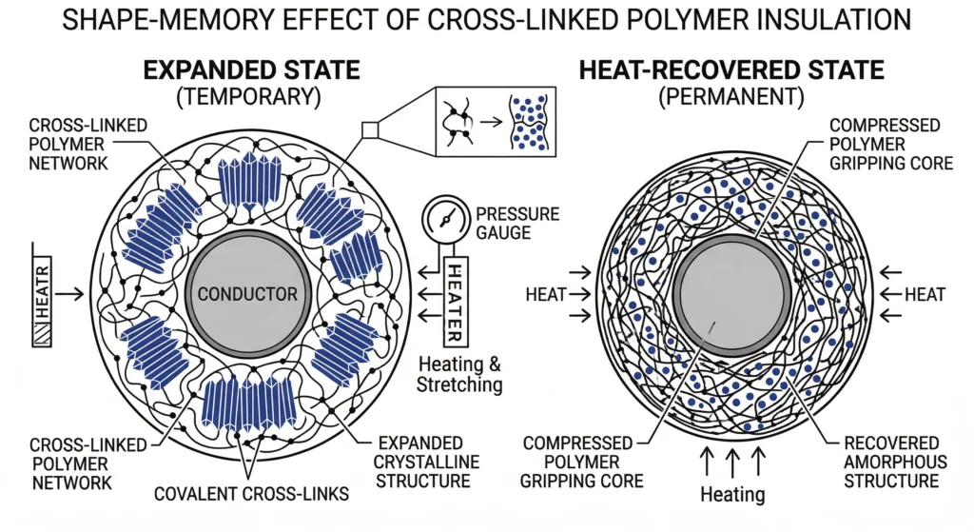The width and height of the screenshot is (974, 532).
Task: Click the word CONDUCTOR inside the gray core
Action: (246, 294)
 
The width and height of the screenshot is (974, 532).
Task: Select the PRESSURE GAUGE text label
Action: (516, 224)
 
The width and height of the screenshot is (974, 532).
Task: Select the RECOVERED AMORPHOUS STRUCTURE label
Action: (893, 463)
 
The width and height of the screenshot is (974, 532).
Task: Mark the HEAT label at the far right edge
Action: (925, 295)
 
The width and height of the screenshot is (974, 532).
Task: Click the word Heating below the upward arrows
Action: (732, 494)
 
